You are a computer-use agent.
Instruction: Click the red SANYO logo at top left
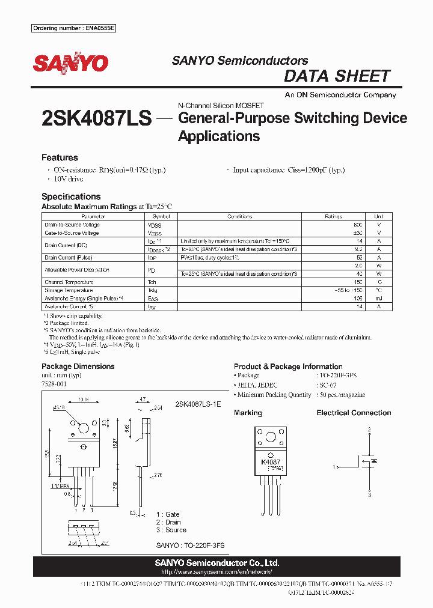point(70,64)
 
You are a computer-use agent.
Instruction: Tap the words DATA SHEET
point(337,76)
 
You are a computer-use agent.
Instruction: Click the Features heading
point(60,157)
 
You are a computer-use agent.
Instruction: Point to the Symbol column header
point(161,216)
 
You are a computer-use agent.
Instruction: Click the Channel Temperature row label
point(69,282)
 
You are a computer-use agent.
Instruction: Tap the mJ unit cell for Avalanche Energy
point(378,298)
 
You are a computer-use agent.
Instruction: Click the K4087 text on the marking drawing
point(271,462)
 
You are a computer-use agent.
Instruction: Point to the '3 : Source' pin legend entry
point(171,530)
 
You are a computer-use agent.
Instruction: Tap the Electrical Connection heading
point(354,413)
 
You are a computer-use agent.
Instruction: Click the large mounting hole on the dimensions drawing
point(84,429)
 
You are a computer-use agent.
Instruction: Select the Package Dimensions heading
point(78,366)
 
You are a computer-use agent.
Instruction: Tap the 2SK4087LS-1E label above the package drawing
point(198,405)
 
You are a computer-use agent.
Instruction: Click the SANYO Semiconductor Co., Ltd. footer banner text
point(216,563)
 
